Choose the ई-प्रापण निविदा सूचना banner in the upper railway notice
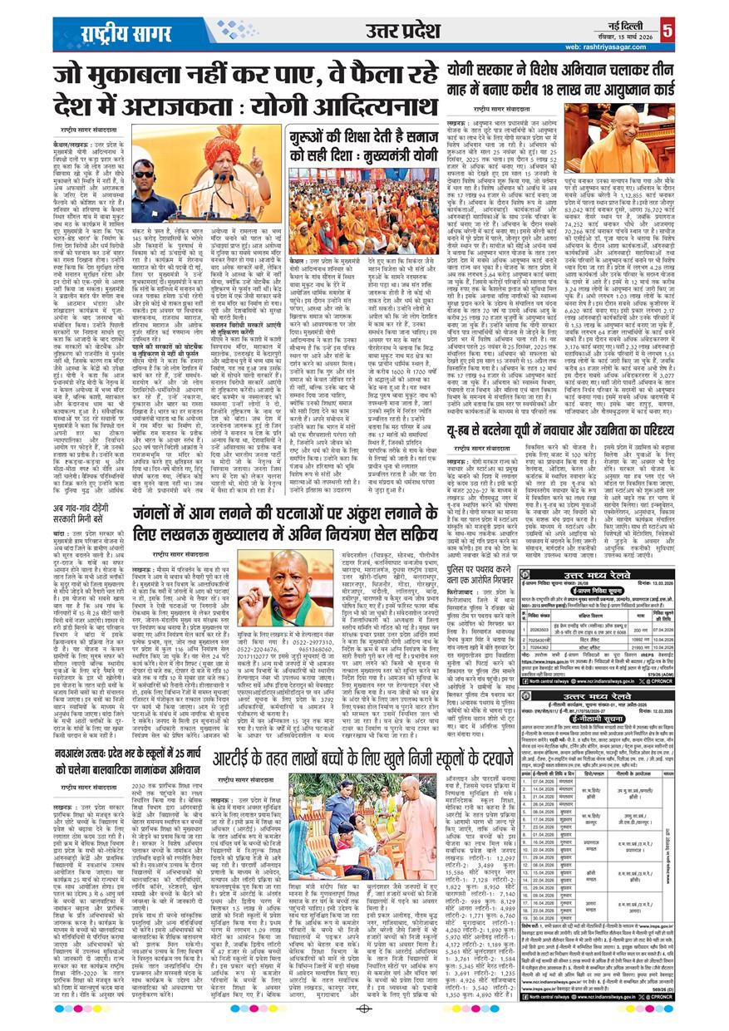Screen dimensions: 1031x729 point(563,562)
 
